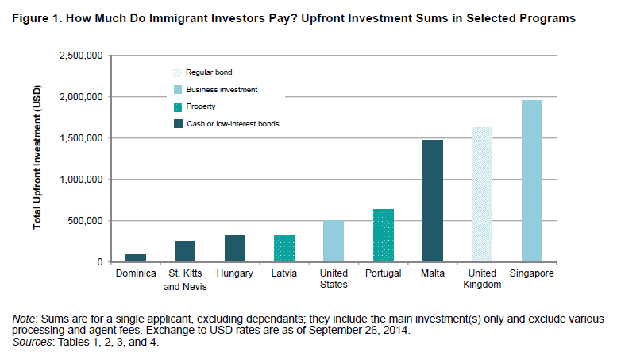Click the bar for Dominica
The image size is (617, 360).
[136, 257]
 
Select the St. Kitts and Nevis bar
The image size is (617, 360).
[185, 251]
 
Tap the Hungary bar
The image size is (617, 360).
[235, 249]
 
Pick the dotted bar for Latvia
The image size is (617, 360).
[284, 249]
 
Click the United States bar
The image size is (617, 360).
[334, 241]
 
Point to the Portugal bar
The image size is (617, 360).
[384, 235]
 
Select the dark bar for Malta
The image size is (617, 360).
[433, 201]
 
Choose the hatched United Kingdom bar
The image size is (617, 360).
[482, 195]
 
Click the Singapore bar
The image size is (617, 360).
[532, 181]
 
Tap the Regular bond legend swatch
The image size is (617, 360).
[177, 72]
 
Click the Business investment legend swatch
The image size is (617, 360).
[178, 90]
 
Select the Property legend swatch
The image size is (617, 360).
[178, 107]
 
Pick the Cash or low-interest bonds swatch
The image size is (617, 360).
[178, 124]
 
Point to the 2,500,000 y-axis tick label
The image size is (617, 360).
[81, 56]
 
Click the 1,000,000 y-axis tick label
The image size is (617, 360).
[81, 180]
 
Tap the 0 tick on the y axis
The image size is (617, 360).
[100, 262]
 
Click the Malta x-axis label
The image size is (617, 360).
[433, 273]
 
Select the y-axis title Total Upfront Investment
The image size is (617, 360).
[37, 157]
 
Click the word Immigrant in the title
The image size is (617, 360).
[179, 18]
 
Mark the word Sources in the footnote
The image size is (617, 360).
[32, 342]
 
